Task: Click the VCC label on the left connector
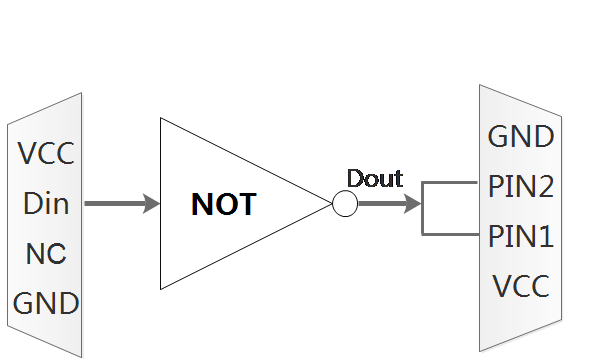[x=46, y=155]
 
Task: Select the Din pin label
[x=46, y=204]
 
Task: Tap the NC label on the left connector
[x=46, y=253]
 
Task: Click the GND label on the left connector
[x=46, y=302]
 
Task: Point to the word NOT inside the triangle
[x=223, y=205]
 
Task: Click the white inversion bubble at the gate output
[x=344, y=204]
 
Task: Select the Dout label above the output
[x=374, y=179]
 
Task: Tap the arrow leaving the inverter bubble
[x=385, y=204]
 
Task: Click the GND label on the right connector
[x=521, y=137]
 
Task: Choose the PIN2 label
[x=521, y=186]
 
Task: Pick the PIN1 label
[x=521, y=237]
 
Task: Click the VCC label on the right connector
[x=521, y=288]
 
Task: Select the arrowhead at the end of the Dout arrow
[x=413, y=204]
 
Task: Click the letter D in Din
[x=31, y=204]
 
